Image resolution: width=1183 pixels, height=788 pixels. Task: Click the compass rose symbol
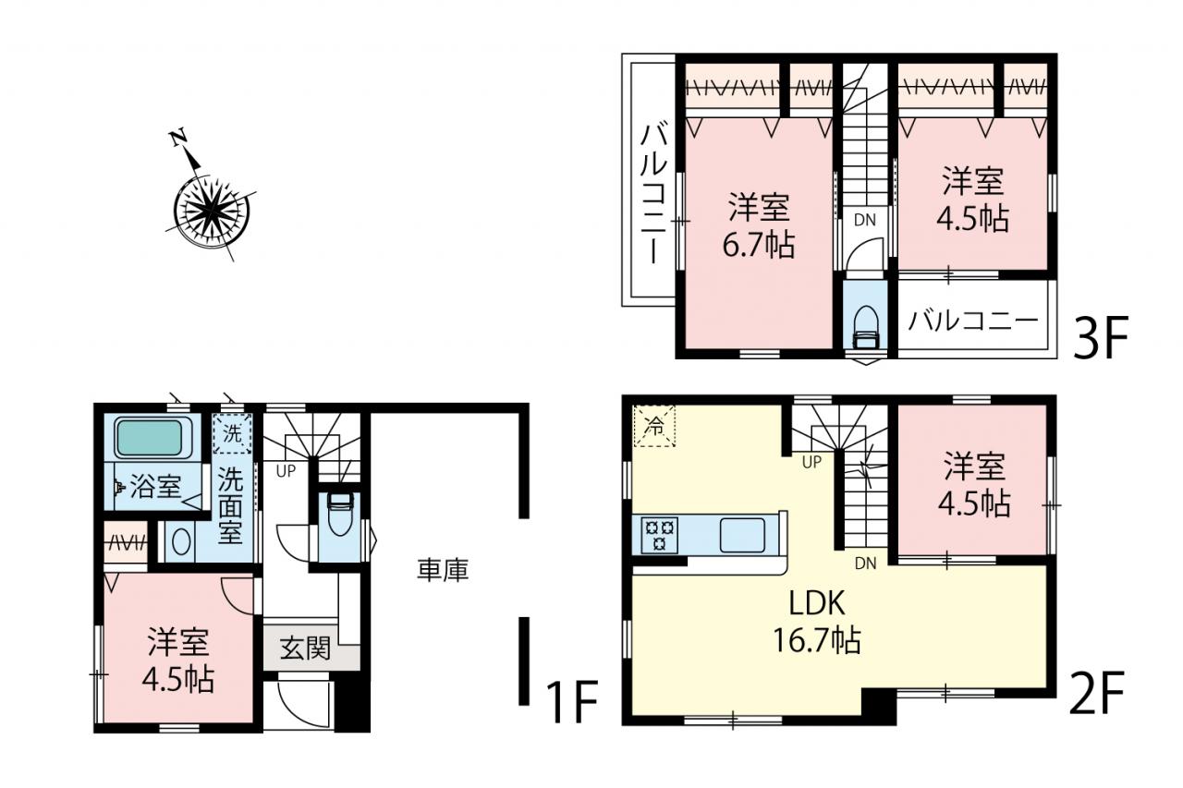[212, 212]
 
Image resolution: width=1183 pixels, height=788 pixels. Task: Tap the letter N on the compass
[178, 138]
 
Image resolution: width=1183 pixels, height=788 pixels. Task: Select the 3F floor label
[1100, 337]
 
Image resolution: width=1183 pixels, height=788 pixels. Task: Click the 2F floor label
[1096, 693]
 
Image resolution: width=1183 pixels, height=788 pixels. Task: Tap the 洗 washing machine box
[232, 433]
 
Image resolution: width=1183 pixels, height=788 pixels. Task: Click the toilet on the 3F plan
[865, 327]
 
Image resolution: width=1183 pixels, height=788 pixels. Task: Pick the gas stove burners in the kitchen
[659, 535]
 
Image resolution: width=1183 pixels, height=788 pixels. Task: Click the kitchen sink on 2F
[742, 536]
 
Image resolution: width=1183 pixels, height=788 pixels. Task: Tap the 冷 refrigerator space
[654, 426]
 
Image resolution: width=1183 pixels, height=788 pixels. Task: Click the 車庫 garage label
[443, 571]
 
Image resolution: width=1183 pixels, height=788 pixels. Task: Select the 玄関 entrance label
[305, 649]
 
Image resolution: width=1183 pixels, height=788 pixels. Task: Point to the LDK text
[816, 603]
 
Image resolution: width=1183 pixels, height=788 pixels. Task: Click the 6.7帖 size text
[759, 245]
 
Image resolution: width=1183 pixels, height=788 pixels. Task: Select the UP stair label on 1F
[286, 471]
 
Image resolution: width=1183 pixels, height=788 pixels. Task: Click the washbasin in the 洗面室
[181, 541]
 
